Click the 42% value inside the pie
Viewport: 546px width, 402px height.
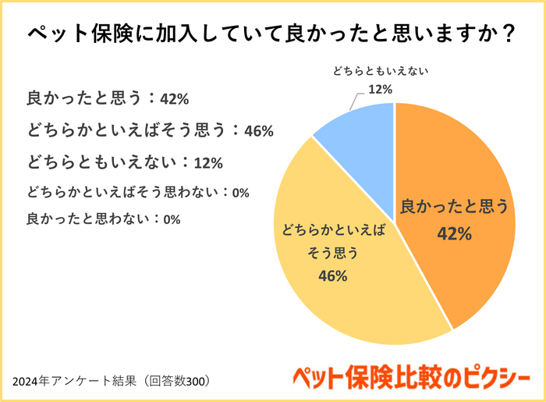click(x=454, y=233)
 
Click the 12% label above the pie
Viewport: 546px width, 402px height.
click(x=380, y=89)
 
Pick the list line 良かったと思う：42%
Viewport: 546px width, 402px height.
click(x=108, y=98)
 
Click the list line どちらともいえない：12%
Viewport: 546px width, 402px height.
click(x=126, y=162)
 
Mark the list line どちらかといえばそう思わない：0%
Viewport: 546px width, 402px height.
click(x=137, y=191)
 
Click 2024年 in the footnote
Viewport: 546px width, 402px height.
click(x=31, y=382)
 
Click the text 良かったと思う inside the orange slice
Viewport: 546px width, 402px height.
click(x=454, y=207)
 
